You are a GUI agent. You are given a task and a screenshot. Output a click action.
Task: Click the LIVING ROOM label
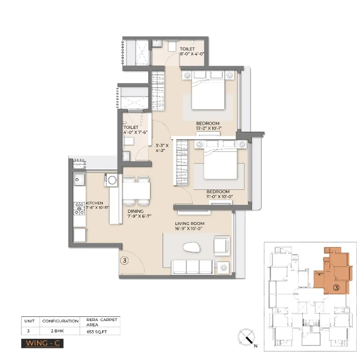[x=190, y=224]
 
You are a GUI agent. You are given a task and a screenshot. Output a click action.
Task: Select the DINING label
[x=135, y=211]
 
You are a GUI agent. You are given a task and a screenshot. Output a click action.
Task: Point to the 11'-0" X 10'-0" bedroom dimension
[x=218, y=196]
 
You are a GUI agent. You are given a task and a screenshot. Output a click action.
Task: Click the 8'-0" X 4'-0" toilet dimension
[x=192, y=54]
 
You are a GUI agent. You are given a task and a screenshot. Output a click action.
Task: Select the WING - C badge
[x=42, y=343]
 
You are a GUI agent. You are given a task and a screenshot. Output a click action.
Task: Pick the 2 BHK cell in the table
[x=60, y=331]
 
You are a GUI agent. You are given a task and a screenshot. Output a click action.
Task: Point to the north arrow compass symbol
[x=247, y=337]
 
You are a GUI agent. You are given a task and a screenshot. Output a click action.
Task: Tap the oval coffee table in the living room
[x=192, y=248]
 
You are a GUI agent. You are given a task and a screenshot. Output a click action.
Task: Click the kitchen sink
[x=79, y=179]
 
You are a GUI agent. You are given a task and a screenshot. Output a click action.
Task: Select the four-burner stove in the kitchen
[x=79, y=209]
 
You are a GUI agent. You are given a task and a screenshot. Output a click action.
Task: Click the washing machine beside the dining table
[x=112, y=180]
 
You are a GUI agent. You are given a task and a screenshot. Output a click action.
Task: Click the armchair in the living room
[x=221, y=245]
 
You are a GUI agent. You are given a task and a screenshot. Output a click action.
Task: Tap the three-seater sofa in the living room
[x=192, y=267]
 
